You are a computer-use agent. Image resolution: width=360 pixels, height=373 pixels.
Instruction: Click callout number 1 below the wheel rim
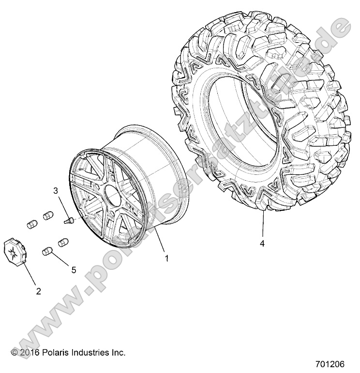[166, 258]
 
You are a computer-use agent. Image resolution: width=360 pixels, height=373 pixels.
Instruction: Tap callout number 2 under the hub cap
[38, 291]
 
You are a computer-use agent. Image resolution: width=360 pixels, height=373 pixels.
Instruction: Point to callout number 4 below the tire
[262, 244]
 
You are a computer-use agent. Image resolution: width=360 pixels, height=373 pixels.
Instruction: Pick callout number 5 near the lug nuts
[74, 270]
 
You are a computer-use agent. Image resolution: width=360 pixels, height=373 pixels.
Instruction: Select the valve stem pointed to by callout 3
[67, 220]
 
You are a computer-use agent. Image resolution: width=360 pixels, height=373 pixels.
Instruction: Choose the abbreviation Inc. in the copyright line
[118, 352]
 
